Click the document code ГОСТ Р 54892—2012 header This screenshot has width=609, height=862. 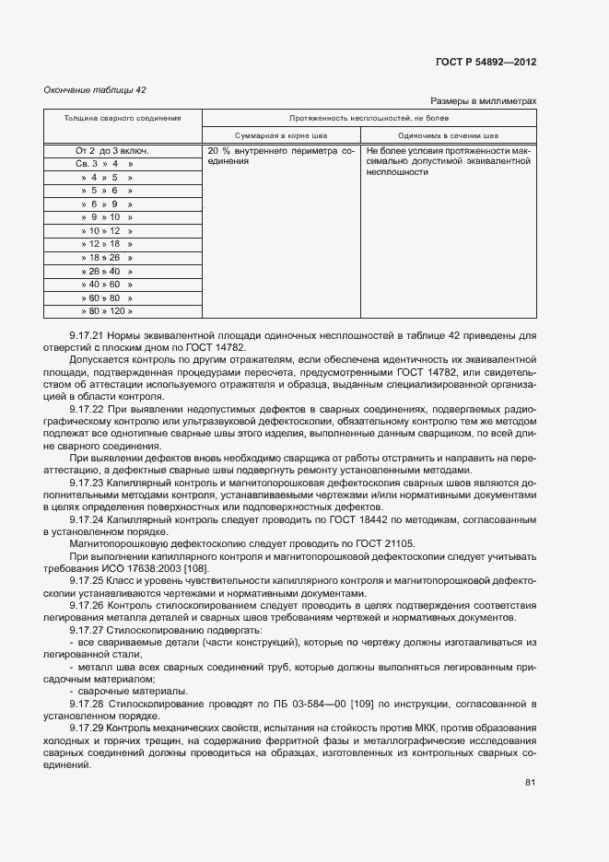[485, 63]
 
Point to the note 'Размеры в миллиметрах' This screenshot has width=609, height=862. [483, 101]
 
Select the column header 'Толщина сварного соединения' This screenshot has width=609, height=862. [122, 118]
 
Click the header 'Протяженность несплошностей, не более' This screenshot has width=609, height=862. [369, 118]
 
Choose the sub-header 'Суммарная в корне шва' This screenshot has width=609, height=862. [280, 134]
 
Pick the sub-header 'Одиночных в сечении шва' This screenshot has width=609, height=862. [448, 134]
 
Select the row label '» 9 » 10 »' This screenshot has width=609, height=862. [107, 217]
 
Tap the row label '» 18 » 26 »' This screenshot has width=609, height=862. [107, 258]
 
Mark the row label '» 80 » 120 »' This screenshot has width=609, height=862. [107, 311]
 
